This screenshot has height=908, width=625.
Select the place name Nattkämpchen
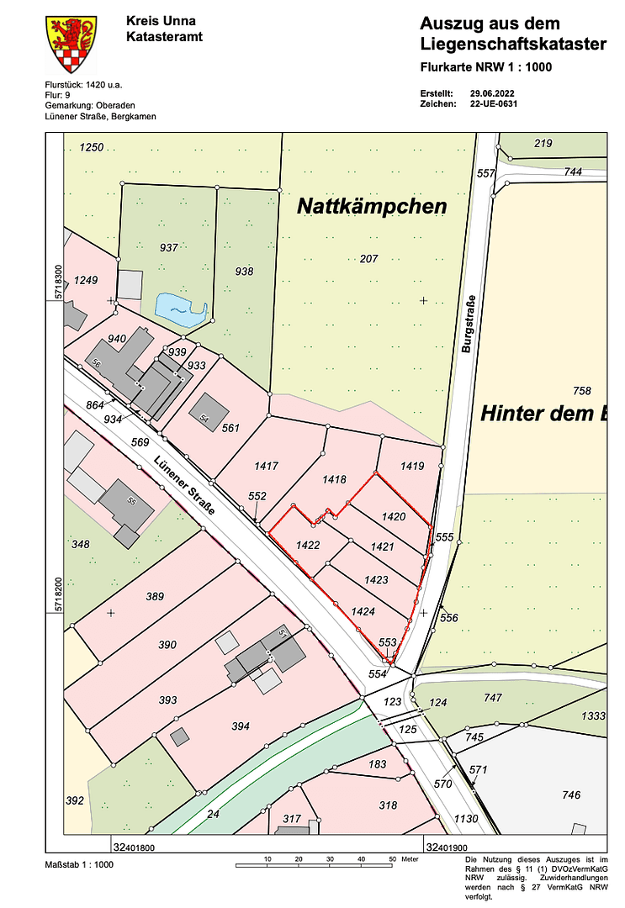[371, 206]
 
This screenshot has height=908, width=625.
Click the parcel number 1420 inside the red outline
[394, 517]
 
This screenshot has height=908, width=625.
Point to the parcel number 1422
[308, 546]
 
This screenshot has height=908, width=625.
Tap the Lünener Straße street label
[183, 486]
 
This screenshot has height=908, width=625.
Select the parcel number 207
[368, 258]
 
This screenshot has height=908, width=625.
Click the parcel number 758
[582, 390]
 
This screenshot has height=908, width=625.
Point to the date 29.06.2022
[493, 92]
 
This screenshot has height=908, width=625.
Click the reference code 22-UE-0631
[495, 104]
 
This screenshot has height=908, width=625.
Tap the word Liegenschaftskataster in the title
[513, 44]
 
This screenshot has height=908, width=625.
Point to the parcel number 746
[571, 794]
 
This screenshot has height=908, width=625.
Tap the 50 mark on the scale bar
[392, 859]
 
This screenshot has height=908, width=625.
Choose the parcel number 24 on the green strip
[213, 814]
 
